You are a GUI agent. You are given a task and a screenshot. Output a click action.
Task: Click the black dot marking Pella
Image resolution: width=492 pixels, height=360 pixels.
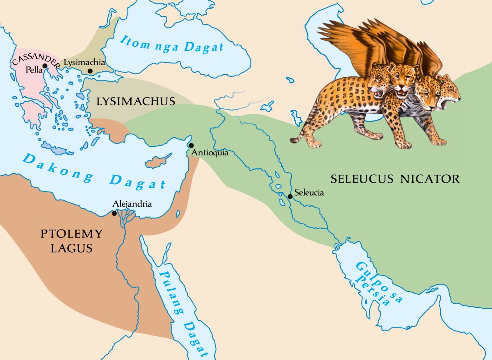click(x=45, y=66)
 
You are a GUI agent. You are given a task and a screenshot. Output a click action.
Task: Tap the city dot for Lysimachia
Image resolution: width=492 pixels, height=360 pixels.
click(x=90, y=71)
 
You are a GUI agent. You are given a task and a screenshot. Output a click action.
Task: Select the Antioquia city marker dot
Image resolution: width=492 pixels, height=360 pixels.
click(x=191, y=146)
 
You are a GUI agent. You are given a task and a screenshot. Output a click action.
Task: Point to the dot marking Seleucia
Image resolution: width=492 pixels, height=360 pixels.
click(x=290, y=196)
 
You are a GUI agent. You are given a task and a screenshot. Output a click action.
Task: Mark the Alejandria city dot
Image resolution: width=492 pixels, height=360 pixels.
click(x=114, y=213)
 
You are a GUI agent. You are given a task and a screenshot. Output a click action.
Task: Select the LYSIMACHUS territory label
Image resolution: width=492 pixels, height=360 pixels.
click(x=136, y=101)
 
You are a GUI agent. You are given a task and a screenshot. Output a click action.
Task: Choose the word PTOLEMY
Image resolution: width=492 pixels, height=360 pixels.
click(x=71, y=234)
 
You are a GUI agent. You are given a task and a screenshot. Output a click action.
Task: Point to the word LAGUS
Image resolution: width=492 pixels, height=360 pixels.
click(x=71, y=248)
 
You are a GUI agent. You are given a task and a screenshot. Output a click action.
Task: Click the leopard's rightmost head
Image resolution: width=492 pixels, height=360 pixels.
click(x=449, y=96)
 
